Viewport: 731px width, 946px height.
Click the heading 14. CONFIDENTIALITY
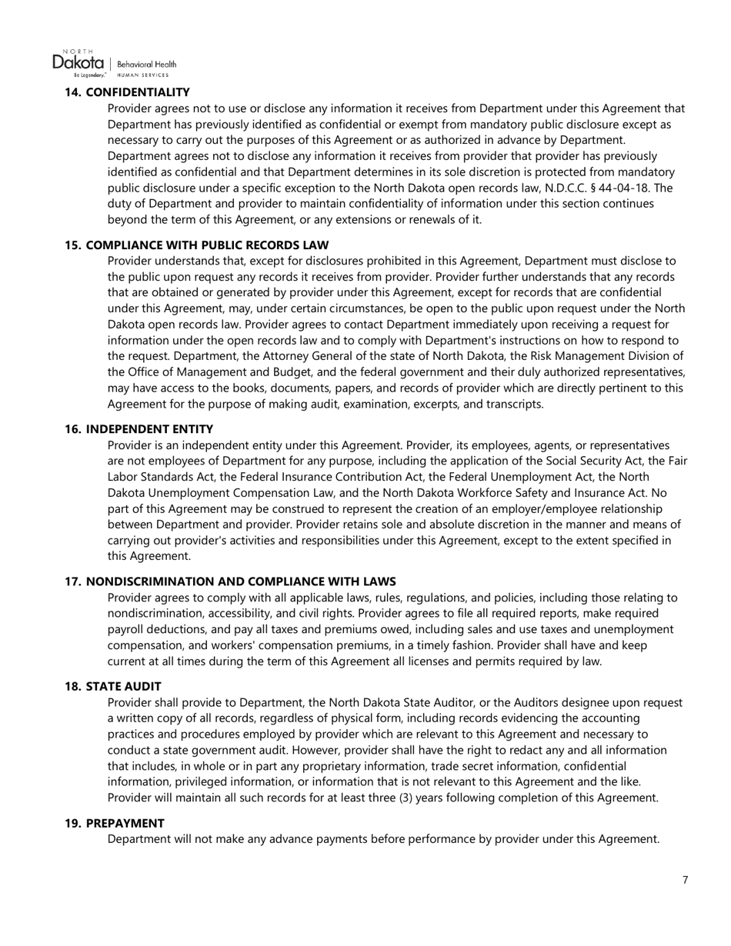pyautogui.click(x=127, y=92)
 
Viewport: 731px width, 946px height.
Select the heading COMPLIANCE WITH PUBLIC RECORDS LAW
pyautogui.click(x=207, y=245)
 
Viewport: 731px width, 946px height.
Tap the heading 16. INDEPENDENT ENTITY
pyautogui.click(x=139, y=429)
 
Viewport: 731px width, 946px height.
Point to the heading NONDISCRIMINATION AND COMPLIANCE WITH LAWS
pyautogui.click(x=241, y=581)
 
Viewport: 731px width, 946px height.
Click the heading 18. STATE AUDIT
pyautogui.click(x=112, y=686)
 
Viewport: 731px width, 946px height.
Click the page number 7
pyautogui.click(x=685, y=880)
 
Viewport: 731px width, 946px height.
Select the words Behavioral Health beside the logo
pyautogui.click(x=146, y=65)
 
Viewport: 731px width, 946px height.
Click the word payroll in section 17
pyautogui.click(x=127, y=629)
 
